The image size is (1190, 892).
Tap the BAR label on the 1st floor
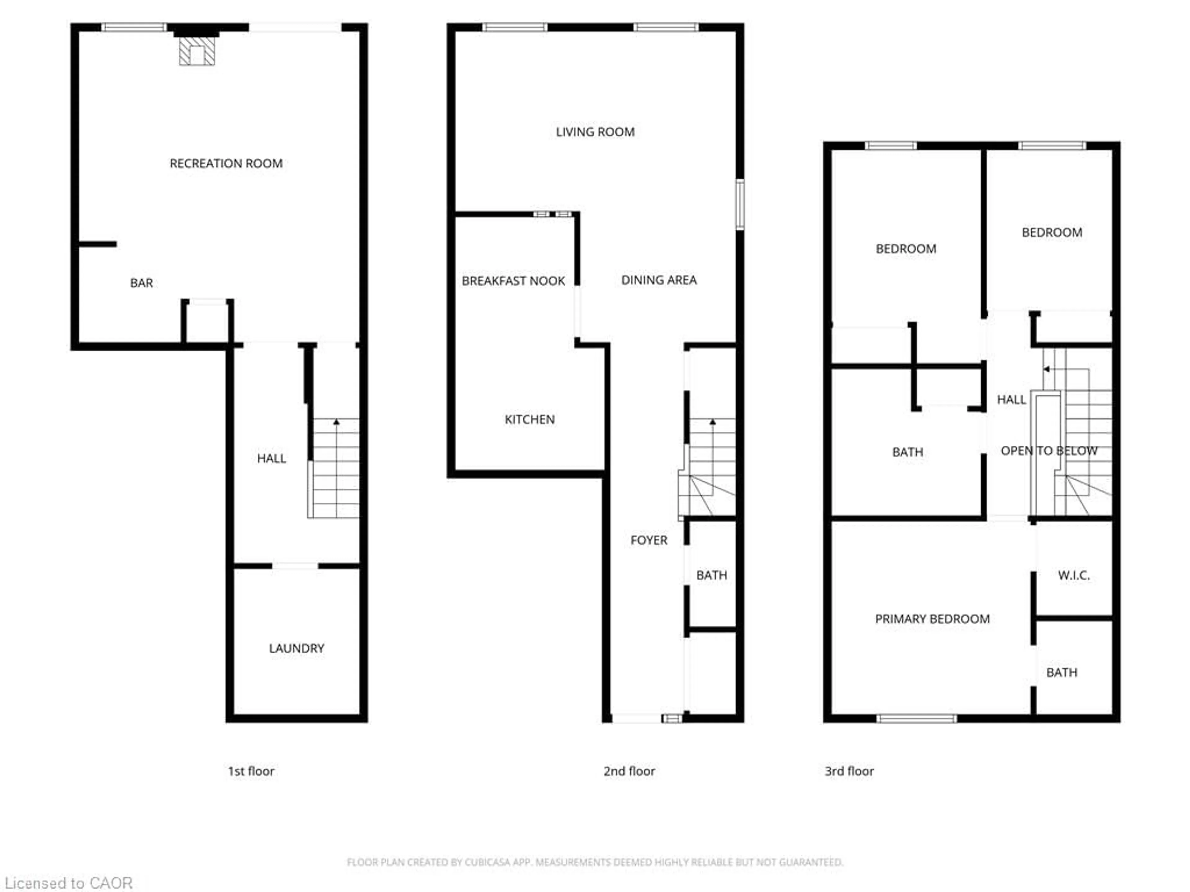142,283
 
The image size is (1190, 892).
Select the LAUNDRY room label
297,649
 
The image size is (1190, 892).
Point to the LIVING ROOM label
595,132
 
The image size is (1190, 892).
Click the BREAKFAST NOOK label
513,281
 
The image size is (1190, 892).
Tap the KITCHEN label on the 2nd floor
529,419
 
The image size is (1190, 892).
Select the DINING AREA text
659,280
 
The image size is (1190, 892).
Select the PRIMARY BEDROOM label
932,619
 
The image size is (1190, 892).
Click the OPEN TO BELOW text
1048,451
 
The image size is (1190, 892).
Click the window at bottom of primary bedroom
917,718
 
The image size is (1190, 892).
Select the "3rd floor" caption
849,771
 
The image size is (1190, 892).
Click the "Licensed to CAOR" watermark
69,883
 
